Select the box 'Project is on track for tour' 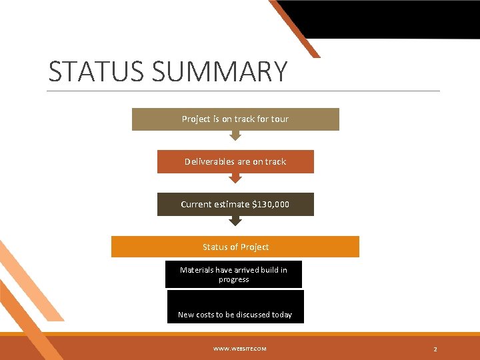(235, 119)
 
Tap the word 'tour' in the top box (280, 119)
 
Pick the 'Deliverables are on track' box (235, 161)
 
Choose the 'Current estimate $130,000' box (235, 204)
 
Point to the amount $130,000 (271, 204)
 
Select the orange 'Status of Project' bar (235, 247)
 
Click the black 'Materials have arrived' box (234, 274)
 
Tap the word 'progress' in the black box (234, 279)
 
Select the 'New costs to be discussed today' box (235, 307)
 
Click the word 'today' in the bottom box (282, 315)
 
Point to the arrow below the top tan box (235, 135)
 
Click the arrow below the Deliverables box (235, 178)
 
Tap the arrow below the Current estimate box (235, 221)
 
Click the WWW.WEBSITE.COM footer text (240, 349)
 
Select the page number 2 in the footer (435, 349)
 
